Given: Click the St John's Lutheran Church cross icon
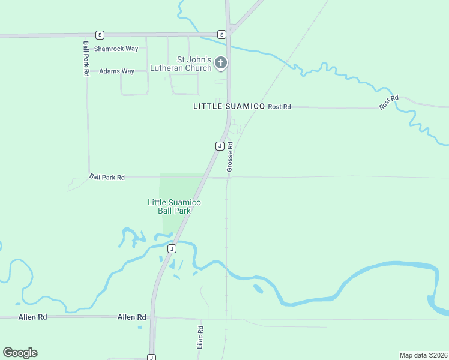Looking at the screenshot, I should [221, 62].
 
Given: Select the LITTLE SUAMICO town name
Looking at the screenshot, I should [229, 106].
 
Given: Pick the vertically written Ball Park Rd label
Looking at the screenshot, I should [86, 58].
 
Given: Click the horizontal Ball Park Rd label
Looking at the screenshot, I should [107, 177].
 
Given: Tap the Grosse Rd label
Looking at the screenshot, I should [229, 157].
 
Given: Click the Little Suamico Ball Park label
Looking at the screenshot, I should [174, 207].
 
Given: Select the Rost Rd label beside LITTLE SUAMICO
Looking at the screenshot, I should [279, 107].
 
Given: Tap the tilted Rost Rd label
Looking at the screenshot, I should [389, 102].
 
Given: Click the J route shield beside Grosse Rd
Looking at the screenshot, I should [220, 146].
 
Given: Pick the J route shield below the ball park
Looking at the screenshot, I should [172, 248].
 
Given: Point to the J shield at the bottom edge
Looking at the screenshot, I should [152, 358].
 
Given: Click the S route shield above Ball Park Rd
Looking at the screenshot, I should [100, 35].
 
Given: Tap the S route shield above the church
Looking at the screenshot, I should [221, 35].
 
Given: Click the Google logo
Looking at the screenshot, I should [20, 353].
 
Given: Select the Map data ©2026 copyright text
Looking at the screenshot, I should [423, 355].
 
